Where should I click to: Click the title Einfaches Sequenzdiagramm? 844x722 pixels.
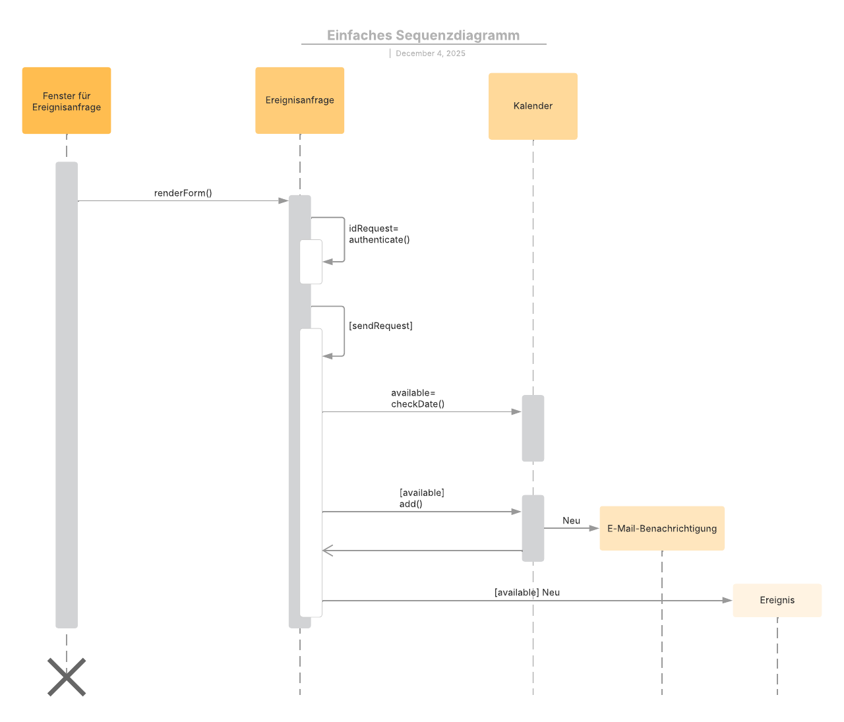tap(423, 36)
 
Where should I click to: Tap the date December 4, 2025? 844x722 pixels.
tap(430, 53)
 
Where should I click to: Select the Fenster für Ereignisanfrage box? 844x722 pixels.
tap(67, 101)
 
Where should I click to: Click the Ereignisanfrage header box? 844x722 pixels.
tap(300, 100)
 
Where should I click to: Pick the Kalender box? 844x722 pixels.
tap(533, 106)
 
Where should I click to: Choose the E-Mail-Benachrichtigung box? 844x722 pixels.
tap(662, 528)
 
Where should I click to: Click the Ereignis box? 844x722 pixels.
tap(777, 600)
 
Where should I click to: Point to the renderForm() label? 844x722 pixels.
tap(183, 193)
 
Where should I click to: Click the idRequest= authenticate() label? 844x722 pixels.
tap(379, 234)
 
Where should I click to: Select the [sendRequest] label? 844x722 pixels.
tap(380, 326)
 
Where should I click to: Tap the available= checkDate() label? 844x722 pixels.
tap(417, 398)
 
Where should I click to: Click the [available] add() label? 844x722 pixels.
tap(421, 498)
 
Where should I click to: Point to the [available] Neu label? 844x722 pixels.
tap(527, 592)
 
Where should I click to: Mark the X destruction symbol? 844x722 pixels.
tap(67, 677)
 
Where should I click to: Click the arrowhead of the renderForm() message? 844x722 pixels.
tap(284, 200)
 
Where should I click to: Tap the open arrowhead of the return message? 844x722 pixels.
tap(328, 551)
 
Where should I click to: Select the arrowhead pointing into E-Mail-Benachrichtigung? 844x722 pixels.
tap(593, 528)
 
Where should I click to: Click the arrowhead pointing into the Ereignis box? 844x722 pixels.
tap(727, 600)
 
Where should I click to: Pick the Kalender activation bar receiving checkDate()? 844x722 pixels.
tap(533, 428)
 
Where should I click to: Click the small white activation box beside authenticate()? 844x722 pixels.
tap(311, 262)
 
